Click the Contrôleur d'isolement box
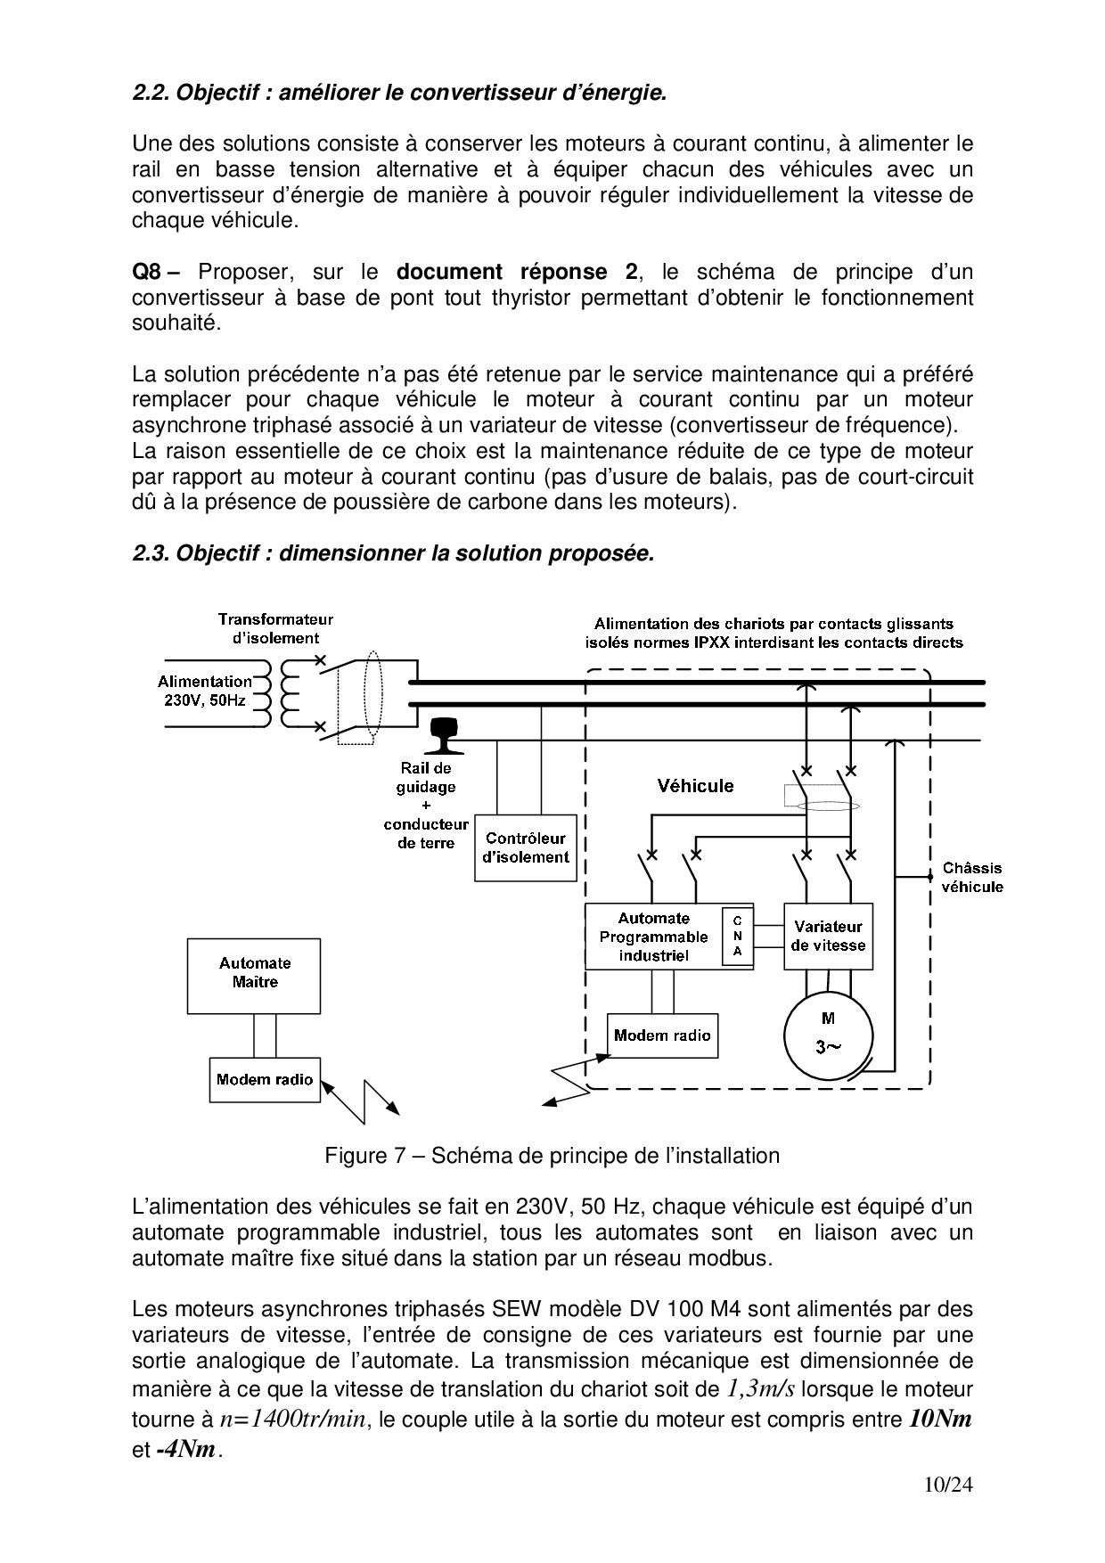(525, 847)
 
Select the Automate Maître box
(254, 975)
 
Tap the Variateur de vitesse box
(828, 936)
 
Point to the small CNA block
(738, 937)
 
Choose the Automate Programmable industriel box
(654, 937)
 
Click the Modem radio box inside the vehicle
(662, 1035)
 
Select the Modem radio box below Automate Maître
(265, 1080)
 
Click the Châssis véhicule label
(972, 877)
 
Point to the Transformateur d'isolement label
(275, 628)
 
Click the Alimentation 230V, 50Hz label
(205, 691)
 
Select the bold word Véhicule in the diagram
(695, 786)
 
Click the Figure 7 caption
(552, 1156)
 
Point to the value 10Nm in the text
(939, 1419)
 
